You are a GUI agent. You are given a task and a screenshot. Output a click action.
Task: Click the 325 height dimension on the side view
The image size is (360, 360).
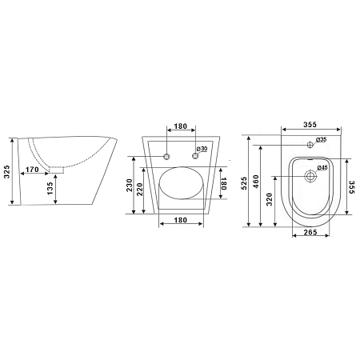7,172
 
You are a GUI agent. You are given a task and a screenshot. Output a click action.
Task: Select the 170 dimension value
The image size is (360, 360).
32,170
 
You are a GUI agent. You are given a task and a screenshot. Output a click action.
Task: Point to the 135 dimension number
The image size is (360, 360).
50,188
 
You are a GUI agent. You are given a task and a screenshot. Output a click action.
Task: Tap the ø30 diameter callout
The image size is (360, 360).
202,149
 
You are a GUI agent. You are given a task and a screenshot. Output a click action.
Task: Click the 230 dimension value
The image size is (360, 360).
130,185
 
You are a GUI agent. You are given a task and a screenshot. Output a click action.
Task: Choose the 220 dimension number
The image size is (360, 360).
140,190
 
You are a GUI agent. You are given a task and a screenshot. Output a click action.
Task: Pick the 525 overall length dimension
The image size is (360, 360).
244,183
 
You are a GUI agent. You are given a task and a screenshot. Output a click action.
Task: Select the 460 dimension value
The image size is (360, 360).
256,182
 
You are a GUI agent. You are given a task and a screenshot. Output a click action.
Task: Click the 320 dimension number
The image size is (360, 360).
270,199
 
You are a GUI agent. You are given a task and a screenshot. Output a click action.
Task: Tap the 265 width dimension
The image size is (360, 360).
310,232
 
